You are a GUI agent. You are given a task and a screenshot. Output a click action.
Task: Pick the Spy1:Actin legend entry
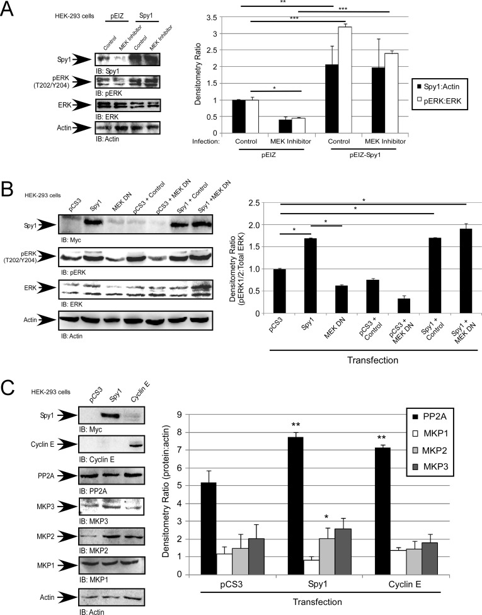coord(446,84)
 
